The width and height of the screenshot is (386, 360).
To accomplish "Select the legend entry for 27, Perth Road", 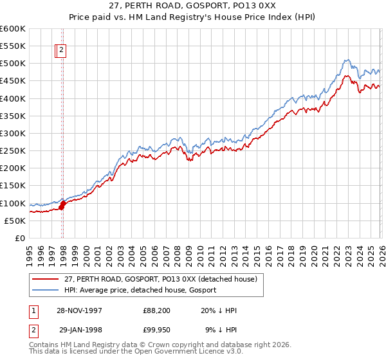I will tap(161, 279).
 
